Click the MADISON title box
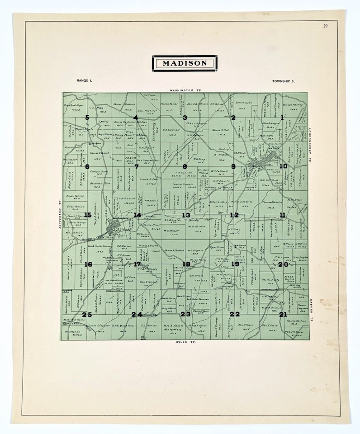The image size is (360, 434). click(x=186, y=63)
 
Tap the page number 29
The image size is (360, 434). click(x=326, y=26)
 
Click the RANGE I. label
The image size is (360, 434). click(x=84, y=80)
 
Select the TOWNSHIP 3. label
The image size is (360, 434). click(x=284, y=81)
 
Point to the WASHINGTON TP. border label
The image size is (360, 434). click(x=186, y=90)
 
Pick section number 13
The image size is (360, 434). click(x=186, y=215)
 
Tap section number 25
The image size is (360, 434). click(x=87, y=315)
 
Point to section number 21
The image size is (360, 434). click(x=283, y=314)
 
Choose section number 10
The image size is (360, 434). click(x=283, y=166)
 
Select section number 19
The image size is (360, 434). click(x=235, y=264)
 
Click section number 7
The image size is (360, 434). click(x=136, y=166)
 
